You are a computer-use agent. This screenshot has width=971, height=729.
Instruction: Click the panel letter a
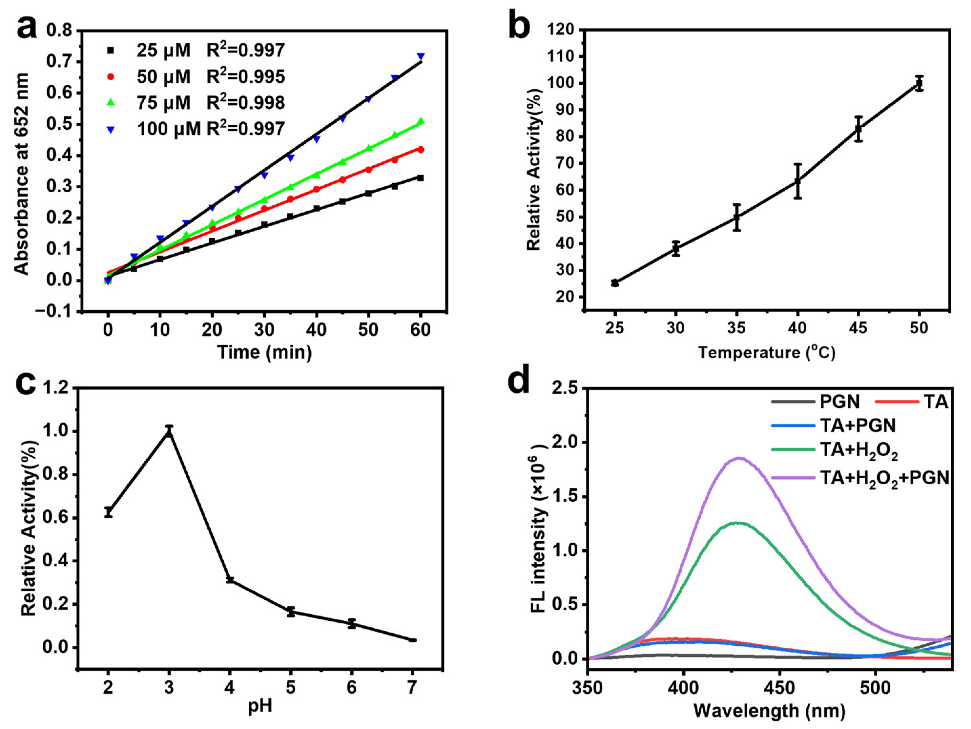27,27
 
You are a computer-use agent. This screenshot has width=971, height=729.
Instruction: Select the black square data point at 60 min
421,178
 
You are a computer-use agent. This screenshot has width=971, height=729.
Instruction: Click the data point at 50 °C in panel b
919,83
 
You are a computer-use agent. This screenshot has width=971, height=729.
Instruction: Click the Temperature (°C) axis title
766,353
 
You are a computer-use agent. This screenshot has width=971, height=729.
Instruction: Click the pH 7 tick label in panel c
412,687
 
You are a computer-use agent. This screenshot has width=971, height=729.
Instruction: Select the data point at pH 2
108,512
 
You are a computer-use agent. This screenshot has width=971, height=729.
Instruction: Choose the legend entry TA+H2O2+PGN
884,477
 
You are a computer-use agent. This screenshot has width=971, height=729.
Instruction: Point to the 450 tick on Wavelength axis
780,687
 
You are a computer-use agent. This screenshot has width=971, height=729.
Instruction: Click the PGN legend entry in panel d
838,401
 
